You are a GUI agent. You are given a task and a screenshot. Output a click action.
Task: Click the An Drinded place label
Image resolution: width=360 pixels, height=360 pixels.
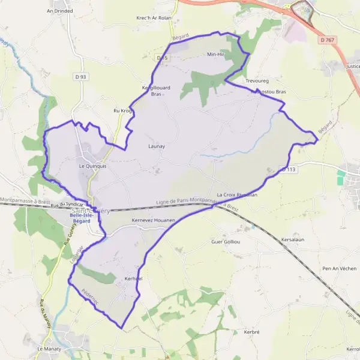click(x=59, y=11)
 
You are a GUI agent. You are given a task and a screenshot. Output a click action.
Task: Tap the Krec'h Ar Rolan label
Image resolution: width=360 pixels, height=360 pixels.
click(x=154, y=18)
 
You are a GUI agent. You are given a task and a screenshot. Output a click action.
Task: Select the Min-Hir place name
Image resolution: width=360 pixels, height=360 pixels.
click(x=215, y=55)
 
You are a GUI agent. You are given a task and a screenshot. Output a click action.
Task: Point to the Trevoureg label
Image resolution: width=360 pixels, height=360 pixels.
click(x=258, y=80)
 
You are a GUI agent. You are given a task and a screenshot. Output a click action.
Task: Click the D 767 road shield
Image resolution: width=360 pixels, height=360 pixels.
click(x=326, y=40)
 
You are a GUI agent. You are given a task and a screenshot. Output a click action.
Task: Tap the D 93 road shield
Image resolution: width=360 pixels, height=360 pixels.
click(x=81, y=76)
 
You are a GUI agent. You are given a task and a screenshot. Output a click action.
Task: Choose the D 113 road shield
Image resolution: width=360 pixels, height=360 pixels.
click(x=289, y=170)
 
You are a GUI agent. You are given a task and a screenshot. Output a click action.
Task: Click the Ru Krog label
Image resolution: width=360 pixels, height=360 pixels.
click(x=122, y=111)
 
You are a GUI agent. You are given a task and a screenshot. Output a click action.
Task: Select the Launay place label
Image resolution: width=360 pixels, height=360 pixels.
click(x=156, y=146)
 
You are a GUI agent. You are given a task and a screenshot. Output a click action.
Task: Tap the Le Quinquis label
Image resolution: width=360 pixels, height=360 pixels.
click(x=92, y=166)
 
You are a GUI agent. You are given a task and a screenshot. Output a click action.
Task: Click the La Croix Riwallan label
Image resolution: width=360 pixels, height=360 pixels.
click(x=237, y=195)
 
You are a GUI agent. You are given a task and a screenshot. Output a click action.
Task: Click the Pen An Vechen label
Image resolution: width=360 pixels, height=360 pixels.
click(x=340, y=268)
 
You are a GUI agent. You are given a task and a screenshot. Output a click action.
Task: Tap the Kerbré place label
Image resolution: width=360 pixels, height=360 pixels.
click(x=251, y=332)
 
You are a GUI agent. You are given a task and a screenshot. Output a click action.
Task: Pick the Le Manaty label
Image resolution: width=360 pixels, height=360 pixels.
click(x=50, y=349)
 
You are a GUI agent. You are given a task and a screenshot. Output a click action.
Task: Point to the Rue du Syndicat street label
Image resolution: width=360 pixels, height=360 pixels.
click(x=66, y=206)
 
